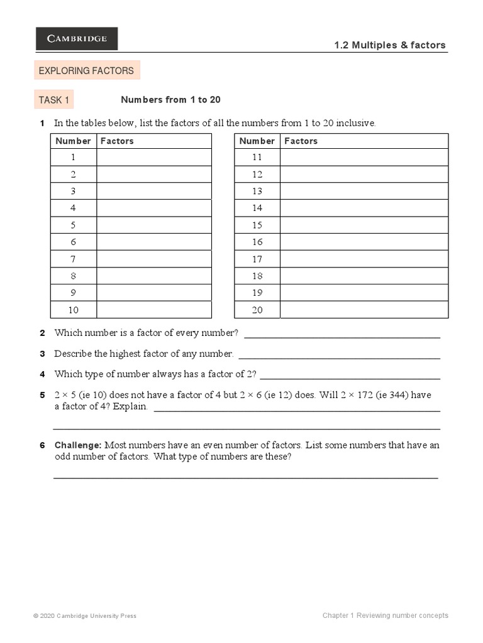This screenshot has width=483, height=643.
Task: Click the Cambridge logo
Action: pyautogui.click(x=77, y=38)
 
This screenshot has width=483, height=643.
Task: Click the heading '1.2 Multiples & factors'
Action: pyautogui.click(x=390, y=45)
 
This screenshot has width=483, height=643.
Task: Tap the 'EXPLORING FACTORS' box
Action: pyautogui.click(x=87, y=71)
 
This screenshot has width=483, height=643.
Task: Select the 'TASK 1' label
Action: pyautogui.click(x=54, y=100)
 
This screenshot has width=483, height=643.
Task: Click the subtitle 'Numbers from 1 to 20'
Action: pyautogui.click(x=170, y=100)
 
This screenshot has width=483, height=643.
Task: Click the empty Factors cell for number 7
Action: pyautogui.click(x=154, y=259)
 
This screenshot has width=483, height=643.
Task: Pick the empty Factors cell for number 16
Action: pyautogui.click(x=364, y=242)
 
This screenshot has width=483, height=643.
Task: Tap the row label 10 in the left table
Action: pyautogui.click(x=74, y=310)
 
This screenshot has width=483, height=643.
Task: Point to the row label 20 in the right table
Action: pyautogui.click(x=257, y=310)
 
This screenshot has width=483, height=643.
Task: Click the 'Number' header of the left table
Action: pyautogui.click(x=74, y=141)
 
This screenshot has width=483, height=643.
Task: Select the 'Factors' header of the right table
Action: pyautogui.click(x=301, y=141)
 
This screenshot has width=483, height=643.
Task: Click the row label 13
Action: pyautogui.click(x=257, y=191)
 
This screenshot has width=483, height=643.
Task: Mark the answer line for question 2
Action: pyautogui.click(x=341, y=337)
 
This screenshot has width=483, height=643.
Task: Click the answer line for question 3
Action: pyautogui.click(x=339, y=358)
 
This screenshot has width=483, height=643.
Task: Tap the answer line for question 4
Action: pyautogui.click(x=350, y=379)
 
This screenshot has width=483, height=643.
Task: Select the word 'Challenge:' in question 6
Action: pyautogui.click(x=78, y=445)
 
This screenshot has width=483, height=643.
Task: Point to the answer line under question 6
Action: pyautogui.click(x=245, y=478)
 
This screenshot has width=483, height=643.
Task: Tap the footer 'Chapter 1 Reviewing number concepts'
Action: pyautogui.click(x=385, y=615)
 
